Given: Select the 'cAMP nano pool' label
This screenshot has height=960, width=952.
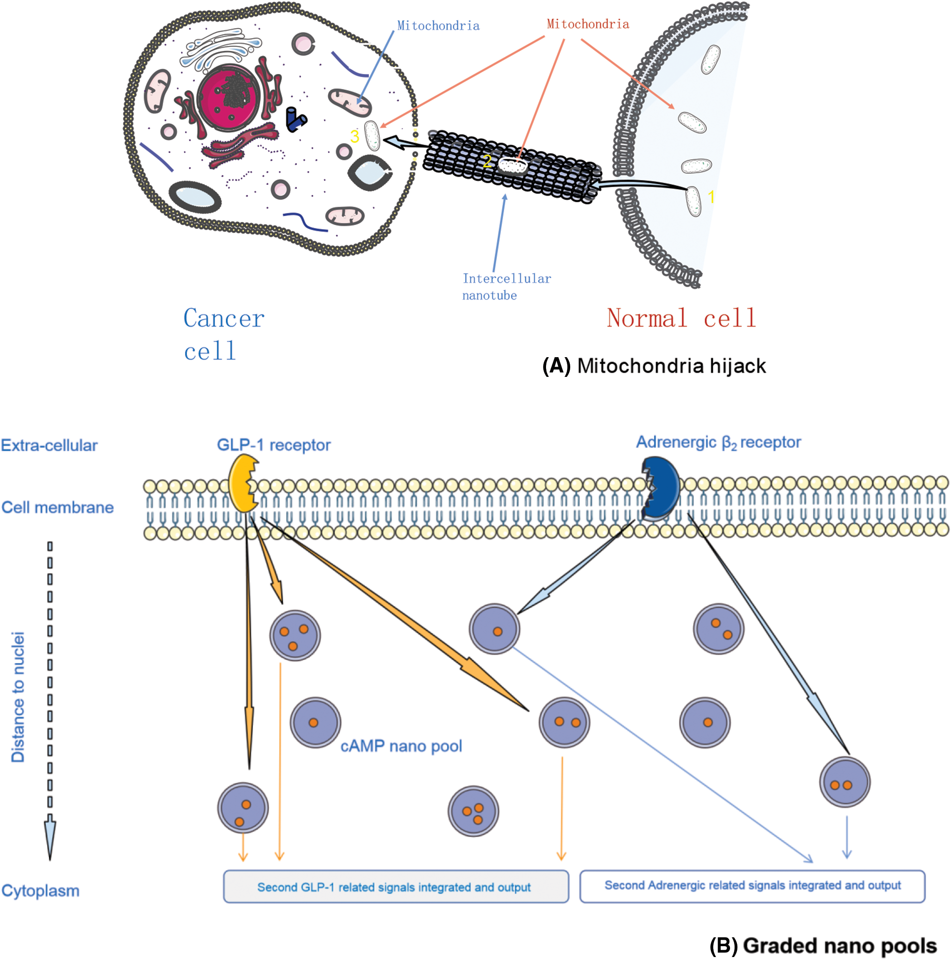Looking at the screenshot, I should [401, 746].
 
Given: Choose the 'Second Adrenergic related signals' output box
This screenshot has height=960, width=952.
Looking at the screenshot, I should [752, 886].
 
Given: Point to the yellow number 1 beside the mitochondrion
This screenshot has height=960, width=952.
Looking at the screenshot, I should [711, 197].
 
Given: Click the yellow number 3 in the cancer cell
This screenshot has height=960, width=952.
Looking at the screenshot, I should [354, 136].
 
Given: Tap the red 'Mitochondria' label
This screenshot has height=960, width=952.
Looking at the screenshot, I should [587, 24].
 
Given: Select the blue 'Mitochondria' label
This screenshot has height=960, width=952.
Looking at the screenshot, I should [438, 26].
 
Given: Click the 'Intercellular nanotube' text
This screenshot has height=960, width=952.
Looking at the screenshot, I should [506, 287].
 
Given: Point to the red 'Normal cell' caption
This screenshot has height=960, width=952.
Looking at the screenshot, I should [681, 318].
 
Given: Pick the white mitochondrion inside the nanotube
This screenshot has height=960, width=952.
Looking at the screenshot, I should [513, 166].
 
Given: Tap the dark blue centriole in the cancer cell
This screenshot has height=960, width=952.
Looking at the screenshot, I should [295, 120].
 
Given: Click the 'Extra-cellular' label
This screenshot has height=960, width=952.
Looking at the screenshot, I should [49, 445].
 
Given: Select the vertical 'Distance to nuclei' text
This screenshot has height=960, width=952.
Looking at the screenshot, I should [18, 697].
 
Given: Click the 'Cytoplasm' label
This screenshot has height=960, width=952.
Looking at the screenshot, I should [40, 891].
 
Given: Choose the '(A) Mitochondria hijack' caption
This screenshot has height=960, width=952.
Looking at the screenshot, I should [654, 366].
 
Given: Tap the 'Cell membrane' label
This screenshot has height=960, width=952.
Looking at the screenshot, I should [58, 507].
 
